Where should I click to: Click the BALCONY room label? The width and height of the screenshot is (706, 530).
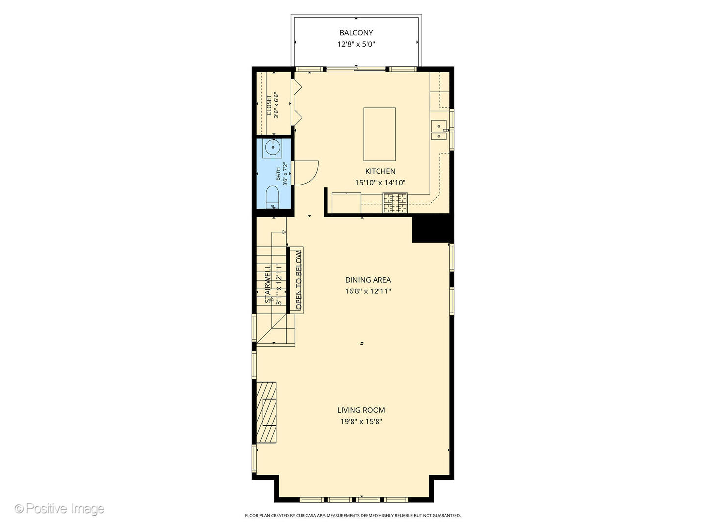coord(356,33)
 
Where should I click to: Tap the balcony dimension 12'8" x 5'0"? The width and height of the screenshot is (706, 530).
coord(356,44)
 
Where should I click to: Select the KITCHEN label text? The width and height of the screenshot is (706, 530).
coord(380,171)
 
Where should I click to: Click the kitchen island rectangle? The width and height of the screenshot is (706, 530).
coord(379,134)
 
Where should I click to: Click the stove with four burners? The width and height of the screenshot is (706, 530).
coord(395,203)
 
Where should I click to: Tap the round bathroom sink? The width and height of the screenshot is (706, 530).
coord(272,147)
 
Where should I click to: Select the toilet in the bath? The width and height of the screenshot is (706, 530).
coord(272,198)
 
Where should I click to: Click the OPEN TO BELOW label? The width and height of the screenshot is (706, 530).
coord(298,280)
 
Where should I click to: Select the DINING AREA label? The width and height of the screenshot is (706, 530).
coord(368,280)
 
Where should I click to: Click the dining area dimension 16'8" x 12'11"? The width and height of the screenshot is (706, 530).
coord(368,291)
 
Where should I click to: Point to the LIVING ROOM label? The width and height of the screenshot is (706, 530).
coord(361,410)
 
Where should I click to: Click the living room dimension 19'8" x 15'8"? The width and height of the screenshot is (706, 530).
coord(361,422)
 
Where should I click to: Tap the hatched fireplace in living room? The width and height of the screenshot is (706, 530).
coord(266,412)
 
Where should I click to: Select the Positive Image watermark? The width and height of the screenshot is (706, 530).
coord(59,509)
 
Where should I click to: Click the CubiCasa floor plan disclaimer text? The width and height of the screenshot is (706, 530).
coord(353,516)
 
